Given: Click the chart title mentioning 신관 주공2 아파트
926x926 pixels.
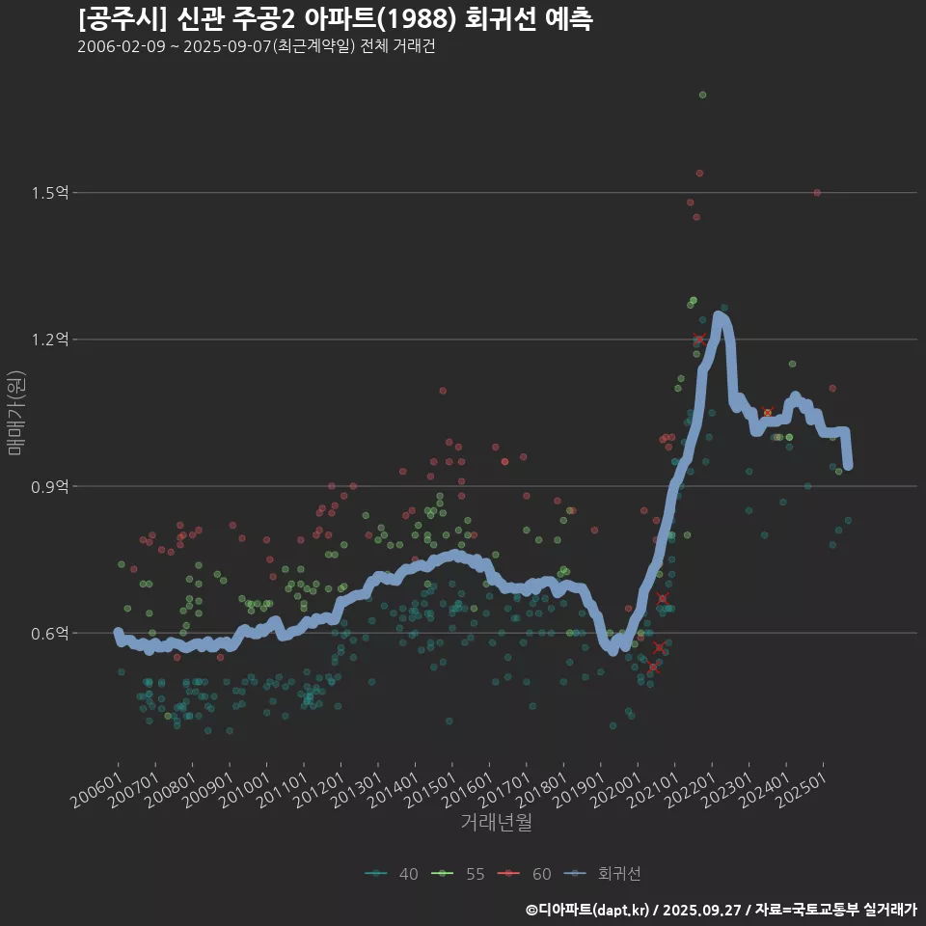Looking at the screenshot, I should click(x=335, y=18).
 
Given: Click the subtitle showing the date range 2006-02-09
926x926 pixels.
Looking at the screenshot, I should click(x=256, y=47).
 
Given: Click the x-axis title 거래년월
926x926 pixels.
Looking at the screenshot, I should click(x=496, y=822).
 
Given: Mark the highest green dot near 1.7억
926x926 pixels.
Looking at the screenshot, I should click(x=702, y=95).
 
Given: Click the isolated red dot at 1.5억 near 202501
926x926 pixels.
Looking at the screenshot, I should click(x=817, y=193).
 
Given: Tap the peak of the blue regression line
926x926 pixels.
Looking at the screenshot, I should click(x=719, y=316).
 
